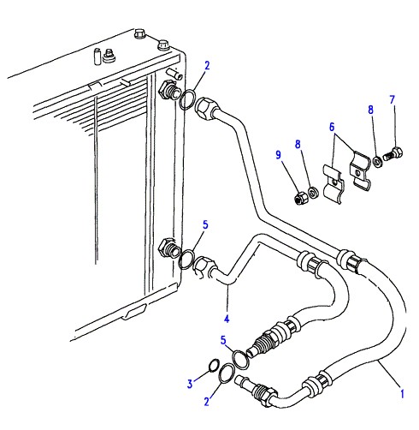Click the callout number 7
[x=392, y=100]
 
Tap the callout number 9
[x=279, y=155]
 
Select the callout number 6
[x=332, y=127]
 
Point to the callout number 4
[x=227, y=319]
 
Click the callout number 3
[x=190, y=384]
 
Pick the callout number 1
[x=402, y=394]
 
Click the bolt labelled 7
[x=393, y=154]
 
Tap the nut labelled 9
[x=299, y=198]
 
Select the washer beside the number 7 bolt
[x=377, y=162]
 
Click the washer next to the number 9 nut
[x=313, y=193]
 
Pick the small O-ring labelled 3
[x=214, y=366]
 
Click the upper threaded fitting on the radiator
[x=168, y=90]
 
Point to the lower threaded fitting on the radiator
[x=168, y=248]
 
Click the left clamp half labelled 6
[x=333, y=183]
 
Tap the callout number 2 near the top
[x=207, y=66]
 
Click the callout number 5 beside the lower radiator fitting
[x=205, y=225]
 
